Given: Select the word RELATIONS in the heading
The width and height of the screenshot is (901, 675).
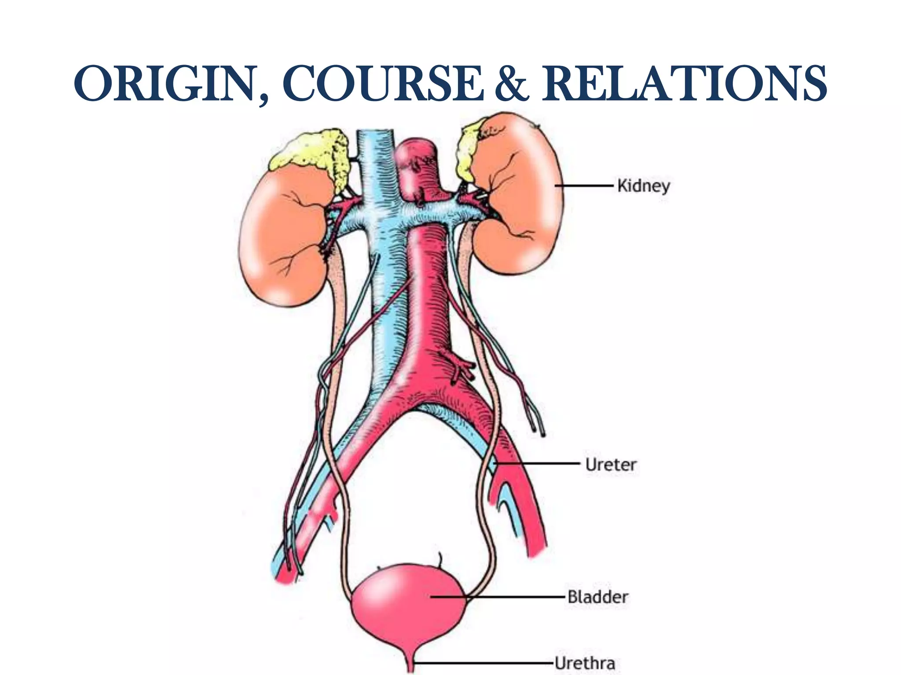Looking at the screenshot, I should click(x=684, y=83).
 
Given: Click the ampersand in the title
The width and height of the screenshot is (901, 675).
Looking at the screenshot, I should click(x=511, y=83).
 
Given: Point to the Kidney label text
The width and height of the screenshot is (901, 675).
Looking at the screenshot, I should click(x=643, y=186).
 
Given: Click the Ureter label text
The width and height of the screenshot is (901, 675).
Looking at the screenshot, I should click(x=611, y=465).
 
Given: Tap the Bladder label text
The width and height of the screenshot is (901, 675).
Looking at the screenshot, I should click(x=597, y=597).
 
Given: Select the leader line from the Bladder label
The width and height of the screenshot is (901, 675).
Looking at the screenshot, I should click(x=497, y=597).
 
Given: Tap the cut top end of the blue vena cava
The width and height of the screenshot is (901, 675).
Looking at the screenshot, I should click(x=374, y=134).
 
